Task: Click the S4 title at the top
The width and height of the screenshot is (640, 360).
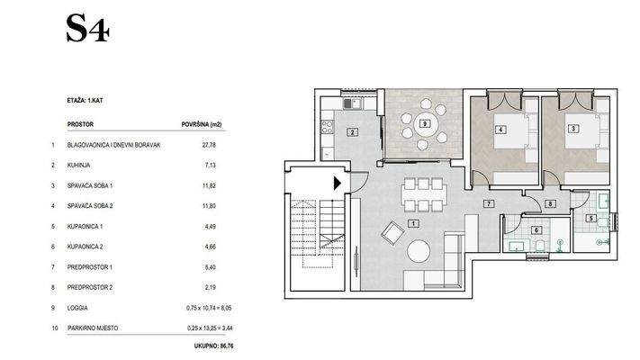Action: coord(87,29)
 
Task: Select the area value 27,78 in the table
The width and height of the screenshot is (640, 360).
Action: coord(209,145)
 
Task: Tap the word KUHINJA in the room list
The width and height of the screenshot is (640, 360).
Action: coord(79,166)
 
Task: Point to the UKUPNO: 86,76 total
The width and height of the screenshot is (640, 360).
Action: coord(214,346)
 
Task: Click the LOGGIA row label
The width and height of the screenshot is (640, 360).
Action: coord(77,308)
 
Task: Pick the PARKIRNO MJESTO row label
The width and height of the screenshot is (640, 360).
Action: coord(93,328)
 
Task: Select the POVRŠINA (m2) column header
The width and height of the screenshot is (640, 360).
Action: coord(202,124)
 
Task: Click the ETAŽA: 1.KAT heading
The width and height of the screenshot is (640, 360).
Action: coord(85,100)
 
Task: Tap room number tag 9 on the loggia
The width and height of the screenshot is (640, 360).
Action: coord(425,123)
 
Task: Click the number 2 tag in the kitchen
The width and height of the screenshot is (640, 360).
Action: coord(352,132)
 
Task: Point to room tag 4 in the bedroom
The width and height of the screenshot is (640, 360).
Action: coord(500,130)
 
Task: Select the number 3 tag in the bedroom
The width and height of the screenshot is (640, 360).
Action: coord(573,129)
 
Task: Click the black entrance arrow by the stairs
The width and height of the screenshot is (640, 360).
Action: coord(338,184)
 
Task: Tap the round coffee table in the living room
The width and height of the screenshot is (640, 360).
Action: coord(419,251)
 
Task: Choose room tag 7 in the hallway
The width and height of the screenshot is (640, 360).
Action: coord(488,203)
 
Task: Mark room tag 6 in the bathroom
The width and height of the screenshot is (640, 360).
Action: coord(536,230)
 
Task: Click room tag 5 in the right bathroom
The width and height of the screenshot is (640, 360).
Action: coord(591,219)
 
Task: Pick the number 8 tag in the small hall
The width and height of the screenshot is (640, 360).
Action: coord(550,203)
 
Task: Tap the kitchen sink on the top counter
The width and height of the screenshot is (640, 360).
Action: coord(352,103)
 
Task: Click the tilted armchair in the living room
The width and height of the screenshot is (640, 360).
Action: coord(392,233)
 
